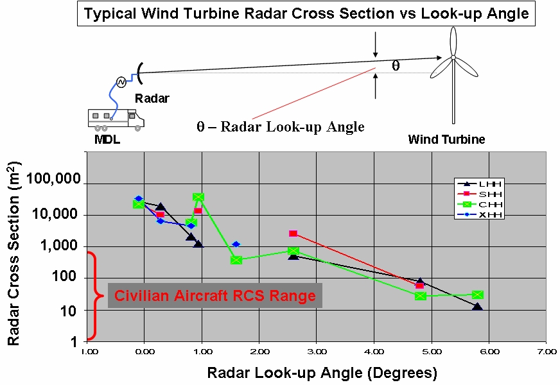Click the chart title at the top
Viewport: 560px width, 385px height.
[x=306, y=14]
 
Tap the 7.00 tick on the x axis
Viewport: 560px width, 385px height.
[x=547, y=352]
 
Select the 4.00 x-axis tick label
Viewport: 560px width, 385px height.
[x=374, y=352]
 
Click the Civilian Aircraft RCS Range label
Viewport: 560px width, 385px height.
[x=215, y=296]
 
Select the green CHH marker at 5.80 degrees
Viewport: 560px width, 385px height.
[x=478, y=295]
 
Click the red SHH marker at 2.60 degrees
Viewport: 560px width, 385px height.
[x=293, y=234]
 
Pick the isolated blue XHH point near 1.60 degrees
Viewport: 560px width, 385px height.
[x=236, y=244]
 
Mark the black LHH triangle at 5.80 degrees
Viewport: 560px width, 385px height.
[x=477, y=307]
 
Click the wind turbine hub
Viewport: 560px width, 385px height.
[x=453, y=58]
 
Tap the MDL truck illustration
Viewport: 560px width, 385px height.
[x=113, y=118]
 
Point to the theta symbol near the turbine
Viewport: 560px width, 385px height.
[x=396, y=65]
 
